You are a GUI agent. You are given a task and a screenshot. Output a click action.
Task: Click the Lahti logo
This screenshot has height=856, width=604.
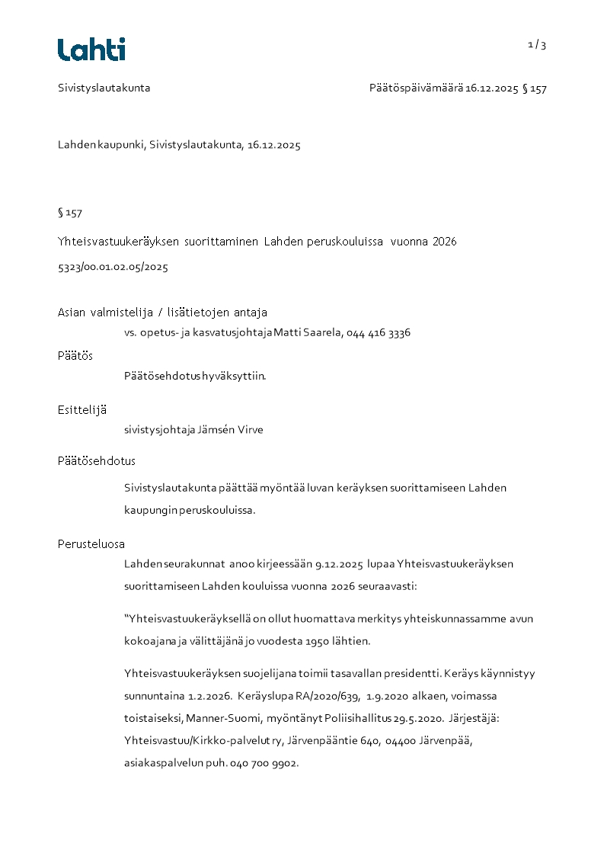[x=91, y=50]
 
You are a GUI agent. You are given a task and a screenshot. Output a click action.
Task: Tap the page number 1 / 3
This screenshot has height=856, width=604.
[x=537, y=45]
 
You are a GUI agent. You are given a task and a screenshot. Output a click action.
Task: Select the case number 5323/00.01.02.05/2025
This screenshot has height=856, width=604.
[x=113, y=268]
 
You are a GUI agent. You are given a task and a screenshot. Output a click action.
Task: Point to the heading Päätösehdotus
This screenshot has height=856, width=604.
[x=97, y=461]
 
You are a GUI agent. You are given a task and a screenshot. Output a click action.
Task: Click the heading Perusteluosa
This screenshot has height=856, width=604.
[x=91, y=544]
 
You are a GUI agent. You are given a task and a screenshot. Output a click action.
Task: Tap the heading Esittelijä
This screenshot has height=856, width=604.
[x=82, y=409]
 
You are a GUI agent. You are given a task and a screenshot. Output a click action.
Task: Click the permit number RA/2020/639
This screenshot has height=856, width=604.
[x=327, y=696]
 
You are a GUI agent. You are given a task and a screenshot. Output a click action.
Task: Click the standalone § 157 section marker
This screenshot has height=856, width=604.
[x=70, y=213]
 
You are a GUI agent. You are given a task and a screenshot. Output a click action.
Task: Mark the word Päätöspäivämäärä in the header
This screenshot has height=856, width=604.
[x=416, y=88]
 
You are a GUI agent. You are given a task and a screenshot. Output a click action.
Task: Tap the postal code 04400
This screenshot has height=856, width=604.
[x=400, y=740]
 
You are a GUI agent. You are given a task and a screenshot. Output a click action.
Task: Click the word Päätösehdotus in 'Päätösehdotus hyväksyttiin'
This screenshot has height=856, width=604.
[x=162, y=376]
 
